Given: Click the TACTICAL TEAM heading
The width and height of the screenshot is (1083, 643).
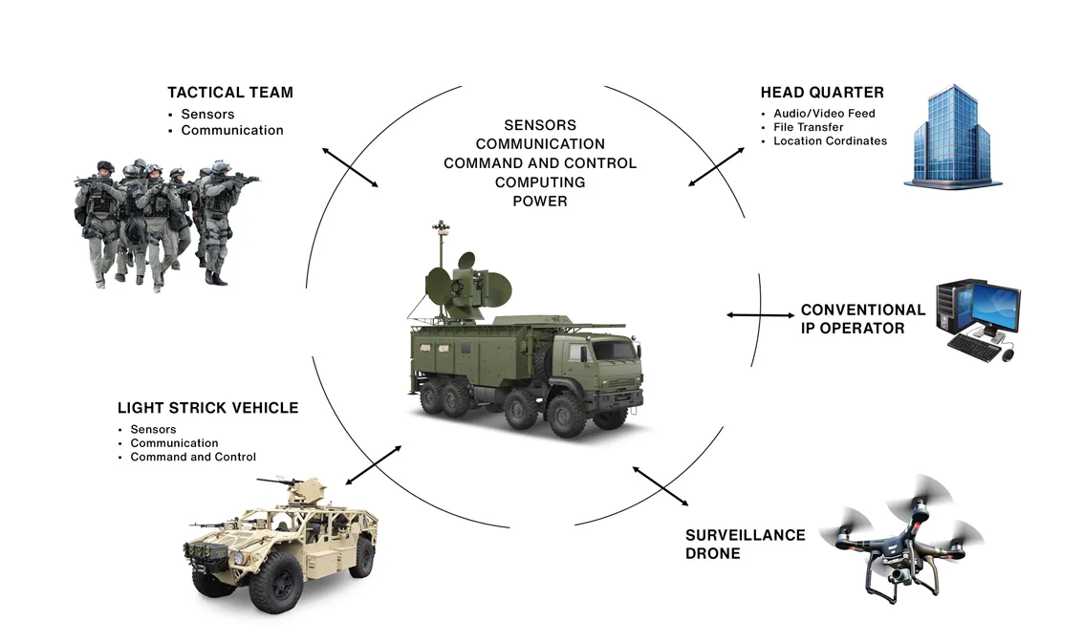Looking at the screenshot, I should (229, 93).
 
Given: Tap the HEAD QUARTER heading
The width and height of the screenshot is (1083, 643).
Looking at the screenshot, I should (822, 93).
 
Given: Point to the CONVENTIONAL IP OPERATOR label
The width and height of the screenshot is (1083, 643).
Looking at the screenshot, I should (862, 319).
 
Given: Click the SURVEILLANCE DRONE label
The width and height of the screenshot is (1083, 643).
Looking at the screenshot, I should (745, 544).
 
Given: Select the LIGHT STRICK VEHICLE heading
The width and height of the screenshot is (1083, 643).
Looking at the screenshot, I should (207, 408).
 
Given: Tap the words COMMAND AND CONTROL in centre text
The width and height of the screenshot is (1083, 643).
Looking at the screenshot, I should (540, 163).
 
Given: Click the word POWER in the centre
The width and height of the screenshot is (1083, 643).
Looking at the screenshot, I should (540, 202).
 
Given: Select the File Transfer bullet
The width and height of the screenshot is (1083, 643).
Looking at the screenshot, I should (809, 127).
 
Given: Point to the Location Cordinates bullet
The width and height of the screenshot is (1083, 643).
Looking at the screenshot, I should (830, 141).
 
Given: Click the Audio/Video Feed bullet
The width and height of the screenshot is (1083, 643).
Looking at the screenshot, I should (824, 114).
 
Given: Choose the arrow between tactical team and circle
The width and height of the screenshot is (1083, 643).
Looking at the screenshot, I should (350, 167).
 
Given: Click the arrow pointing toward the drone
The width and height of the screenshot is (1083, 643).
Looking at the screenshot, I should (661, 485).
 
